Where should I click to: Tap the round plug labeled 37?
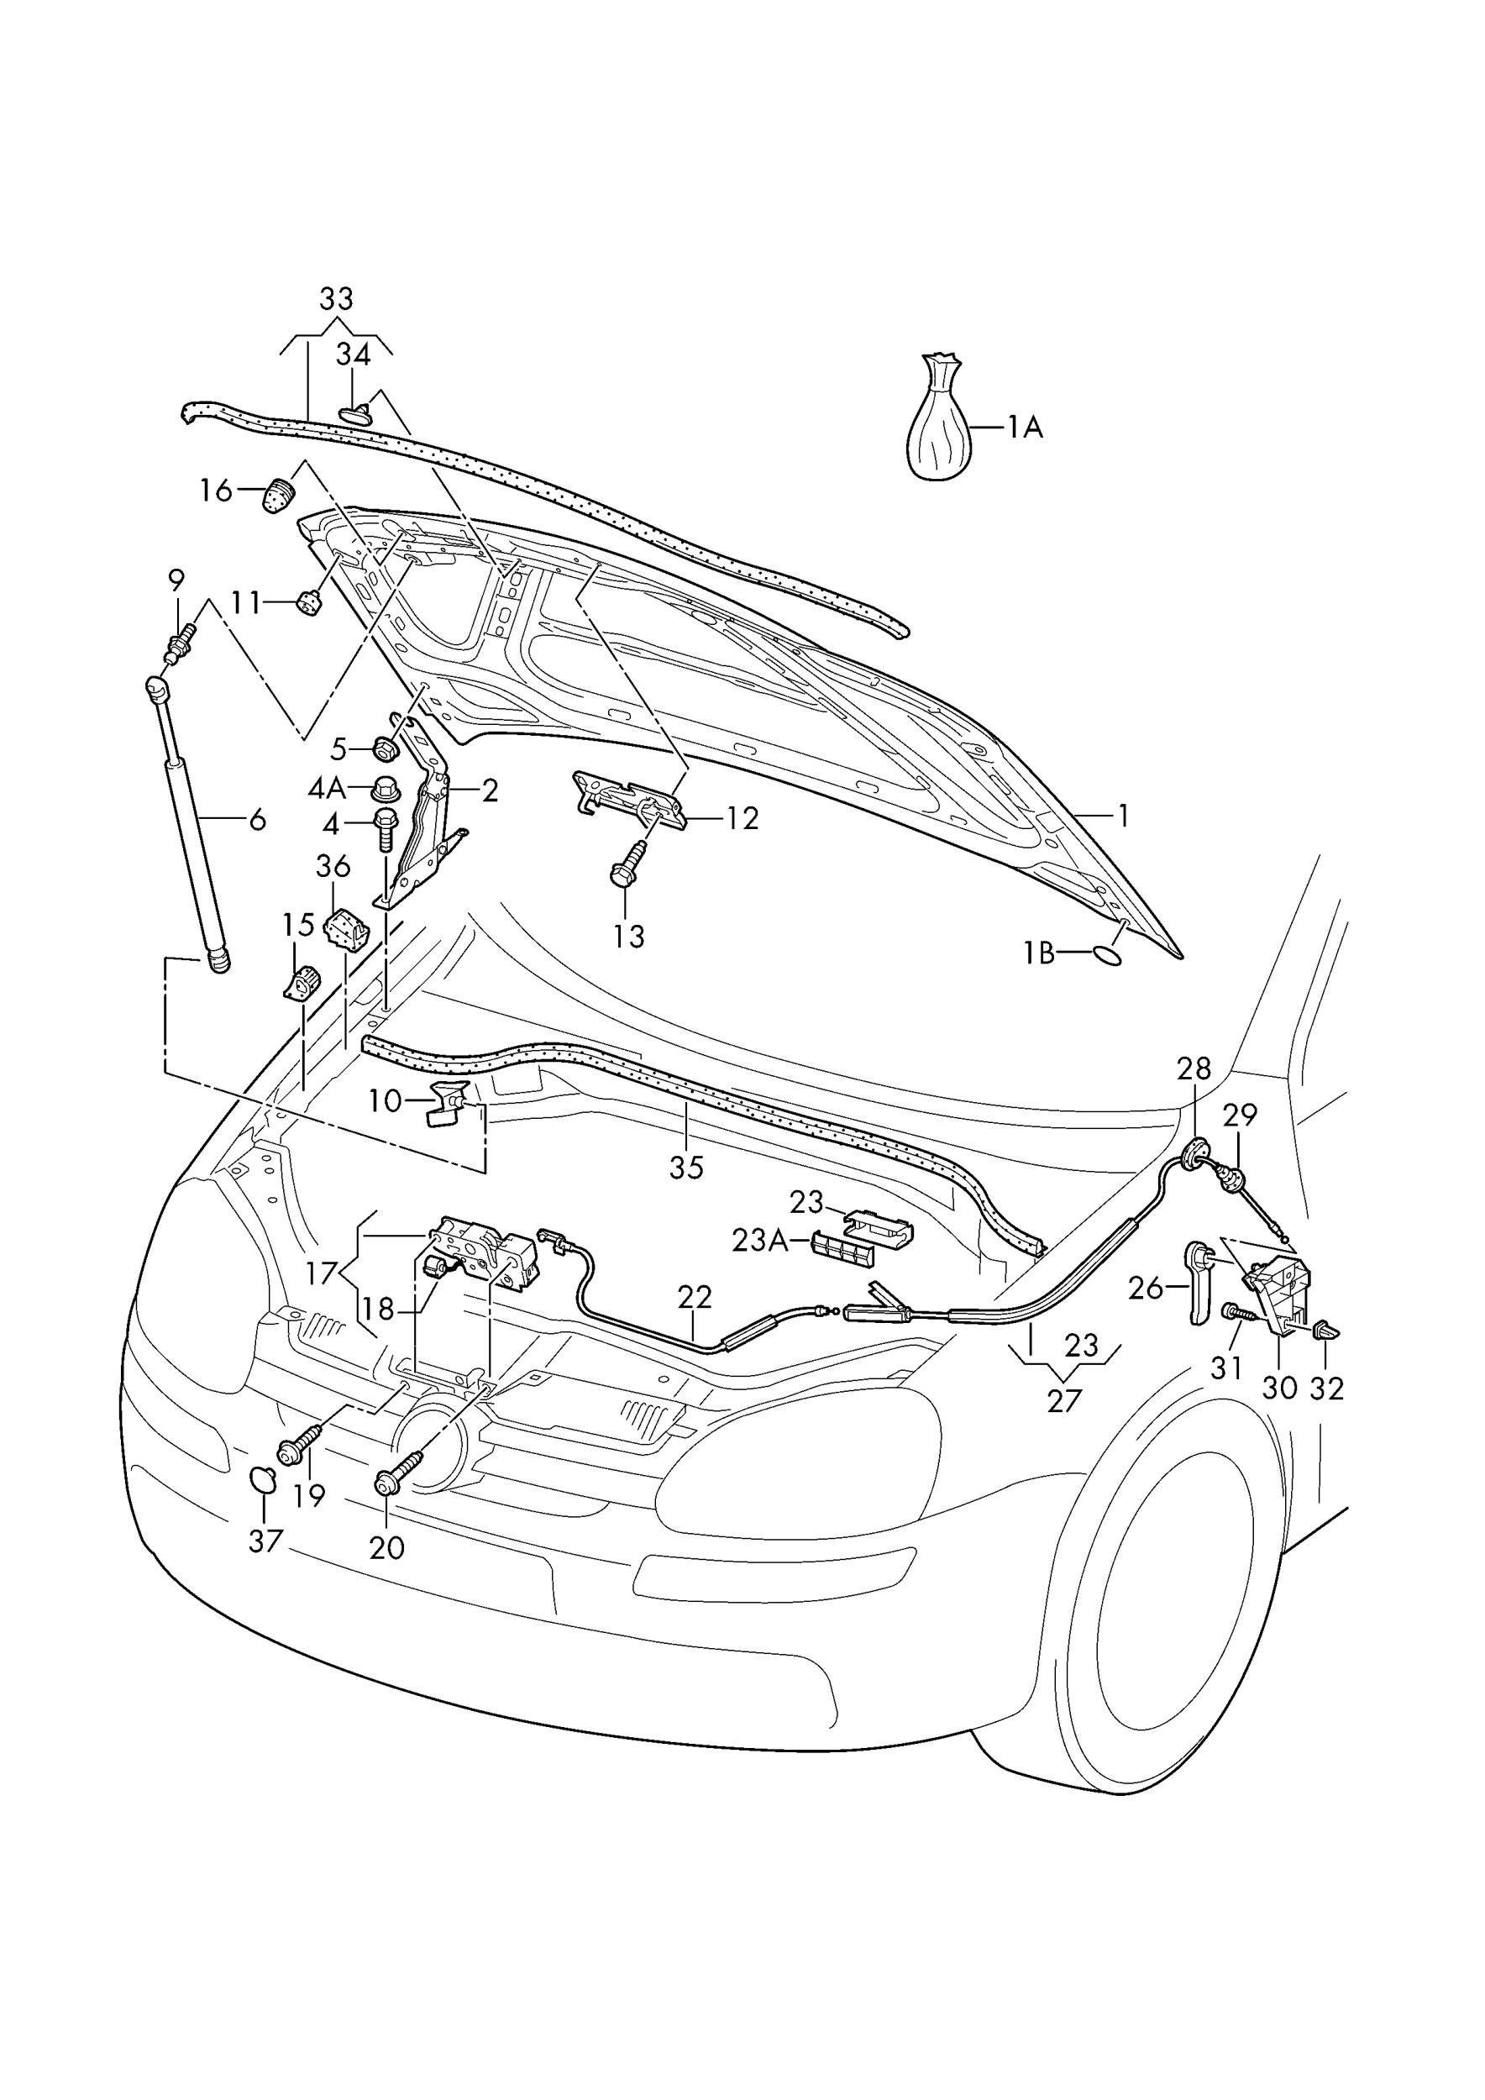coord(262,1479)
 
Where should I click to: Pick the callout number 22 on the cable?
coord(694,1297)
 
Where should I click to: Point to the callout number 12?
coord(742,819)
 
